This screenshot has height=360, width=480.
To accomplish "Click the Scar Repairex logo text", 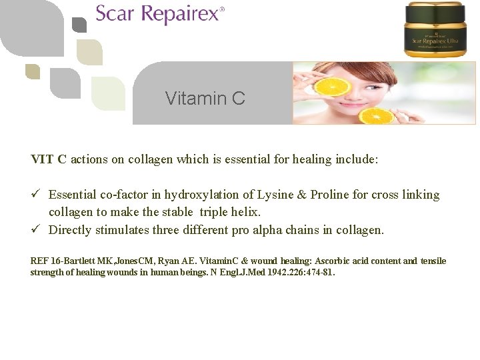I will click(160, 14).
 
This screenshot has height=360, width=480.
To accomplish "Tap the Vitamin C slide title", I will click(205, 99).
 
